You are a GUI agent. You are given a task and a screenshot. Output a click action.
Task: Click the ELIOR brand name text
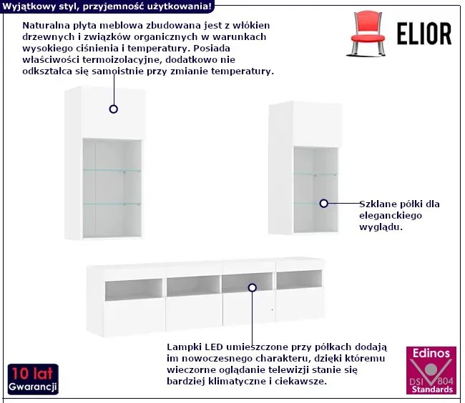click(424, 33)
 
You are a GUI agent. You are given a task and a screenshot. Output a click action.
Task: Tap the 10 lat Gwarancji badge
click(33, 379)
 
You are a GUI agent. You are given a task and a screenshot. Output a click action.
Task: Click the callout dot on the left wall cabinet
click(113, 109)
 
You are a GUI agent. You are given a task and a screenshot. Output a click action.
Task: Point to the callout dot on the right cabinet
click(323, 204)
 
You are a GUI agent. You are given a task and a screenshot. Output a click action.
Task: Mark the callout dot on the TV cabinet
click(252, 287)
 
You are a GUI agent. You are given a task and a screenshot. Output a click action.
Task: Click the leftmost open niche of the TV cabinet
click(122, 289)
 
